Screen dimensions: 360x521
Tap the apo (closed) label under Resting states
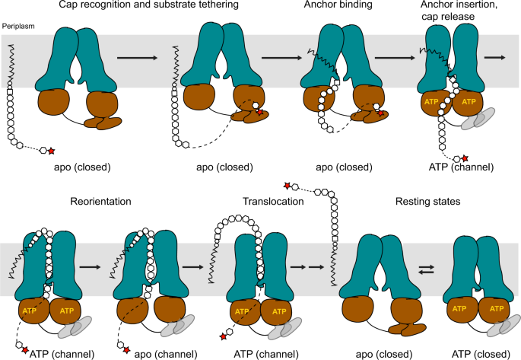point(380,352)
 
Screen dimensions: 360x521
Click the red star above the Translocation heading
point(288,185)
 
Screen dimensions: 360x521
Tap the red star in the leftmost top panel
point(52,151)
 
